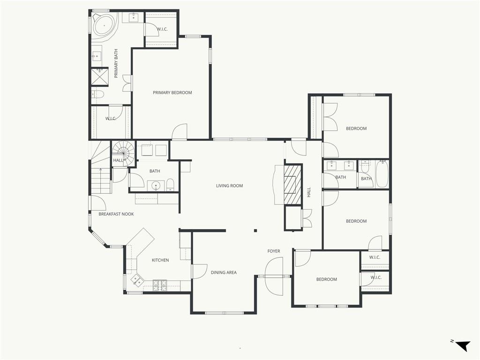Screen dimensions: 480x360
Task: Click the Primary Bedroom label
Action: pos(172,92)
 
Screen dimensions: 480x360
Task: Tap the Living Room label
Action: pos(229,186)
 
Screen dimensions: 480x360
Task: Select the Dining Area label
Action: pos(224,272)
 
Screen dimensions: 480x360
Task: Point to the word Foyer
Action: pos(274,251)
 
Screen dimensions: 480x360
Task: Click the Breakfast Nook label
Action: pos(116,214)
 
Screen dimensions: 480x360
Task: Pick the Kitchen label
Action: pos(160,260)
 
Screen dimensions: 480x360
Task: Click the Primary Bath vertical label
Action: pos(116,63)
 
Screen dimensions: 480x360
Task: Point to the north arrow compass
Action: pos(461,345)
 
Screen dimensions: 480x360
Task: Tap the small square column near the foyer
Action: pos(255,231)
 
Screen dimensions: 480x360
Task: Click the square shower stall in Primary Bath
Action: pos(99,76)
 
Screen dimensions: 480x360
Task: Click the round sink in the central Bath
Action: pos(156,186)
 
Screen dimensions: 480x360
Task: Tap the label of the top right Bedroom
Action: pos(356,128)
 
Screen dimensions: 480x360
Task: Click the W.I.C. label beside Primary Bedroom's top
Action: pos(162,29)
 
